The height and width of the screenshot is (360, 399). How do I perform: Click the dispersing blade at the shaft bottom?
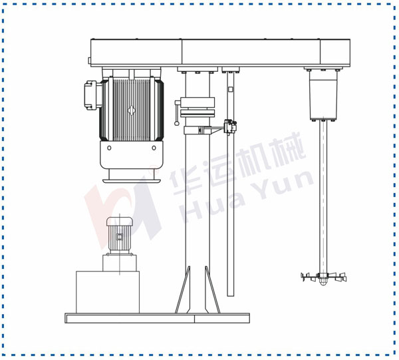point(323,277)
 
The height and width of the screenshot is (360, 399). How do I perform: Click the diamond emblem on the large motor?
point(131,110)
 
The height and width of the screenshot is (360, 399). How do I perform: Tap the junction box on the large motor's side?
point(90,95)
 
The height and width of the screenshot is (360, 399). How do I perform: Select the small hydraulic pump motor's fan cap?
point(120,221)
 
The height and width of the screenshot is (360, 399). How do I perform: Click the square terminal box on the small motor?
point(120,237)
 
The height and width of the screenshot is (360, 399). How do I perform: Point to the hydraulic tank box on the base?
point(108,292)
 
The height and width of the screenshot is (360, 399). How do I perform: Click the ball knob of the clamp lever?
point(177,124)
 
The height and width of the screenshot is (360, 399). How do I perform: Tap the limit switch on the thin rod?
point(229,126)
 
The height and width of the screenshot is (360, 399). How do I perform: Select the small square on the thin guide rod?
point(231,89)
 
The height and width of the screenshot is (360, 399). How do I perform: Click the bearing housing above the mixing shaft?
point(323,94)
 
